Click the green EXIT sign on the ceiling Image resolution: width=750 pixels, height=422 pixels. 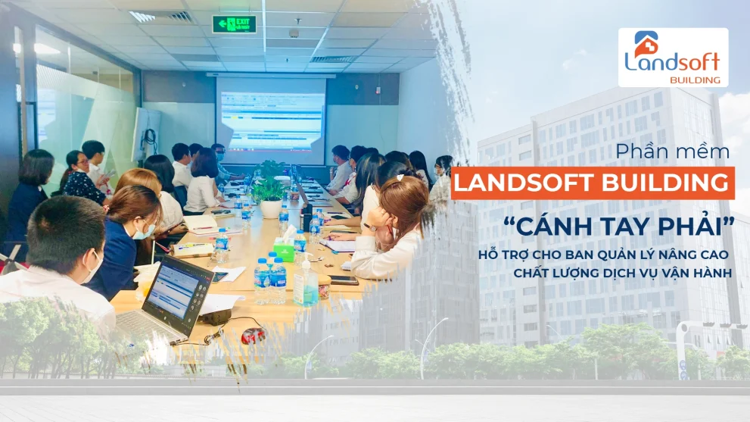pos(234,24)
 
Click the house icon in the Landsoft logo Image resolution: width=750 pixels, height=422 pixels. pos(646,43)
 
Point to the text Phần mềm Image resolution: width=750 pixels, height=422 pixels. pos(673,152)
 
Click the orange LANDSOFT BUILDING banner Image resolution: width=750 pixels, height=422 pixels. pos(593,183)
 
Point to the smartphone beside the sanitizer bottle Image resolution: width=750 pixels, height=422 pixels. pos(343,280)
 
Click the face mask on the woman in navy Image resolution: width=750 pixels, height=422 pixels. pos(145,230)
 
